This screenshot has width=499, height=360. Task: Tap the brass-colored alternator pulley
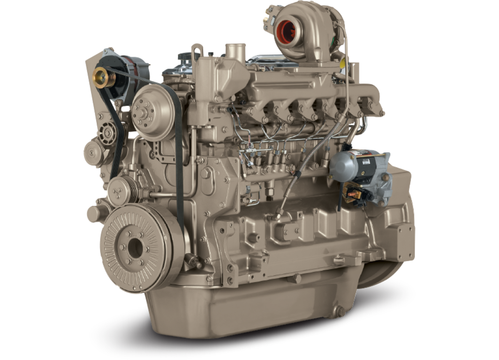[100, 75]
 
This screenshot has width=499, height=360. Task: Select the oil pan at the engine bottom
[244, 305]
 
